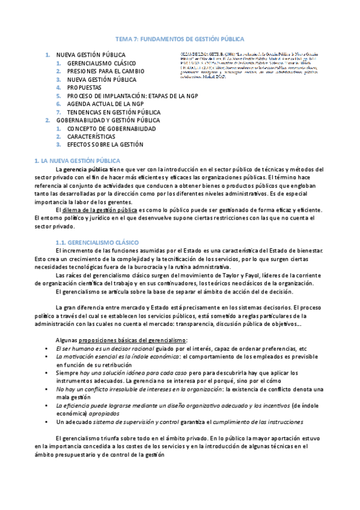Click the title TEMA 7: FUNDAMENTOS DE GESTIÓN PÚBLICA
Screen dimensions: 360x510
180,38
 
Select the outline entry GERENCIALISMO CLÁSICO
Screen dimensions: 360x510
102,63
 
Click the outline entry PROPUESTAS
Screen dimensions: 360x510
84,87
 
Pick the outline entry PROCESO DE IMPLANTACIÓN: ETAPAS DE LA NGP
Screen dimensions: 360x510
133,96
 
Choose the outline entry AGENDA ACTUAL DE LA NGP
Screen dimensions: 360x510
106,103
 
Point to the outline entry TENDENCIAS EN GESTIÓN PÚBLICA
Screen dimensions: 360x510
114,112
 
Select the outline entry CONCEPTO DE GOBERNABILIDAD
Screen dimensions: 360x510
111,128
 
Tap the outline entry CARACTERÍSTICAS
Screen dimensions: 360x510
91,136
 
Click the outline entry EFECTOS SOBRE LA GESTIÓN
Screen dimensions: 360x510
105,144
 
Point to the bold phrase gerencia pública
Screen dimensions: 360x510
82,170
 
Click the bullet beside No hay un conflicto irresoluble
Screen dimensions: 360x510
47,389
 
